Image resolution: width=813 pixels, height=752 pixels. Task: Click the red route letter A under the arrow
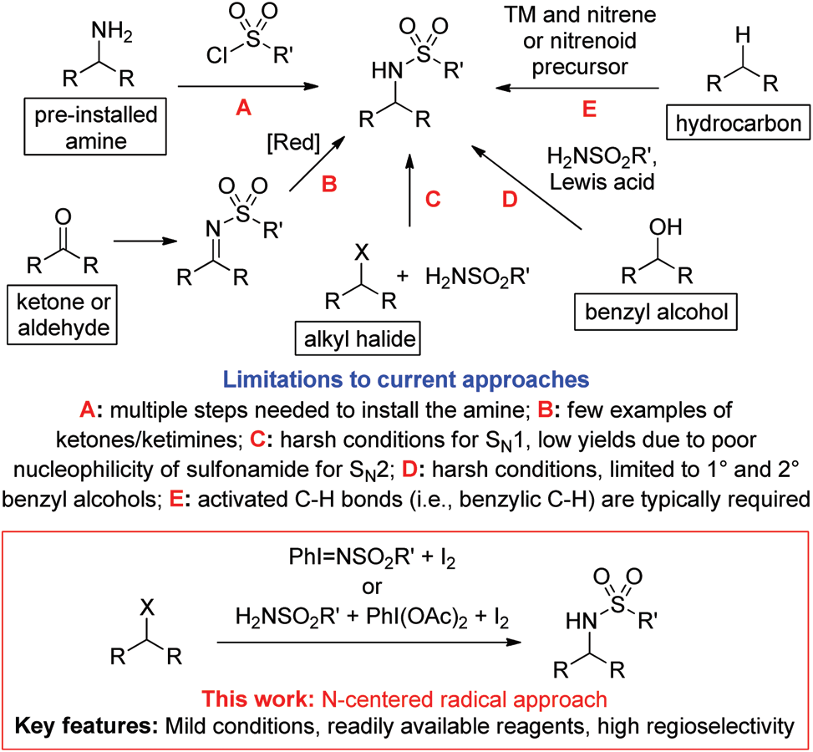coord(243,107)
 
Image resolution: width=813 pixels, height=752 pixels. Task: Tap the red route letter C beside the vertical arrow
coord(434,201)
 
